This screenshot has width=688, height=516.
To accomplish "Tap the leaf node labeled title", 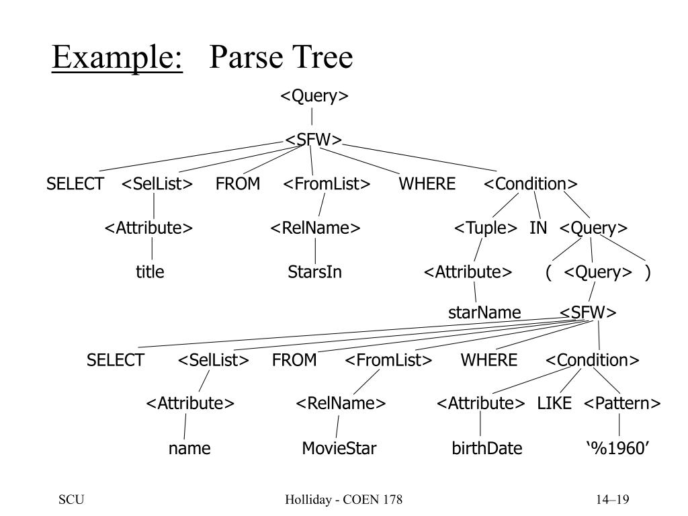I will [x=150, y=272].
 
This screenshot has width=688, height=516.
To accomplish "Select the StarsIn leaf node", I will [x=314, y=272].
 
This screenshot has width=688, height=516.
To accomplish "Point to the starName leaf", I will [x=484, y=313].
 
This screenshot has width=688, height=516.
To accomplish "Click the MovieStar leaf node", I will [x=339, y=448].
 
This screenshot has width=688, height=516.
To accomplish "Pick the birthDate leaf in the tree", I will [x=486, y=448].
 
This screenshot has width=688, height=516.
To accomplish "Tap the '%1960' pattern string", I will [x=618, y=448].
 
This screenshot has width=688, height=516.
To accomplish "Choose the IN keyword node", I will [x=538, y=228].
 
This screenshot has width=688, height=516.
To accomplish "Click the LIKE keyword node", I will [x=554, y=403].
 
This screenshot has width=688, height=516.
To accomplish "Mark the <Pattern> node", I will [x=622, y=403].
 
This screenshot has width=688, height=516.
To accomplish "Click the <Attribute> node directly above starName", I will [x=468, y=272].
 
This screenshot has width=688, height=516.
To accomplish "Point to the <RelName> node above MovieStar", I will [x=341, y=403].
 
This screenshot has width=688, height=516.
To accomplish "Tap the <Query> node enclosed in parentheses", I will [x=598, y=272].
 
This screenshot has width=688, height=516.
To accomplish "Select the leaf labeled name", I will [x=189, y=448].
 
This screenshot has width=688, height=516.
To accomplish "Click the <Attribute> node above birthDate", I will [x=480, y=403].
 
